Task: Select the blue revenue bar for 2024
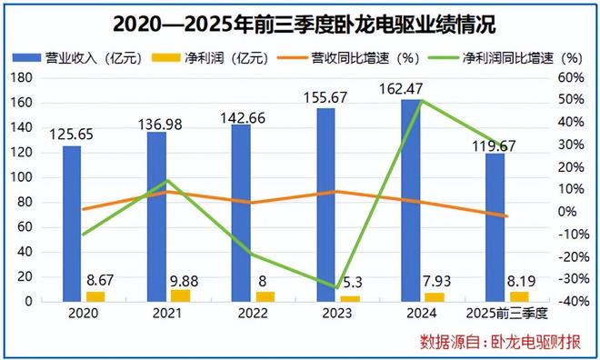pyautogui.click(x=410, y=200)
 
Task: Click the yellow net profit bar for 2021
pyautogui.click(x=180, y=295)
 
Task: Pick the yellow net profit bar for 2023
pyautogui.click(x=349, y=298)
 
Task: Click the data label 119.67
pyautogui.click(x=495, y=143)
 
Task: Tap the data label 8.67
pyautogui.click(x=97, y=281)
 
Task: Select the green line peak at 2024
pyautogui.click(x=421, y=100)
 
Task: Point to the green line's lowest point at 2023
pyautogui.click(x=336, y=288)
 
